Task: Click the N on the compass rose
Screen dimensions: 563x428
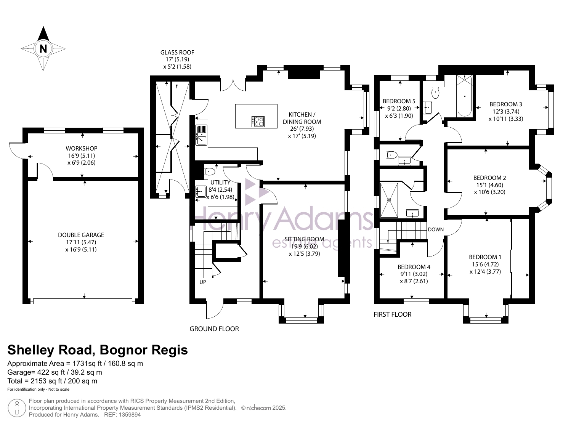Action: [x=43, y=48]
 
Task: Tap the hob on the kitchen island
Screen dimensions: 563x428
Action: [x=258, y=122]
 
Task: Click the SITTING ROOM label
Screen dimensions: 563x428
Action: [x=305, y=239]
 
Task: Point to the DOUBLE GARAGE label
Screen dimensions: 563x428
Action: [x=81, y=235]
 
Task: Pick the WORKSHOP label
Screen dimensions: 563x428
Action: [x=82, y=148]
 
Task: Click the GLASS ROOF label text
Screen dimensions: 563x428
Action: [x=177, y=52]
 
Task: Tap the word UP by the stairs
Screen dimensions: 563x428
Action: [x=203, y=282]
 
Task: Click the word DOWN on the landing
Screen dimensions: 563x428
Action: [x=436, y=229]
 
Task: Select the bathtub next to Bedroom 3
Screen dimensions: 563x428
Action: [x=464, y=96]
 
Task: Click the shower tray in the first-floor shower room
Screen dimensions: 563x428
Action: [x=389, y=200]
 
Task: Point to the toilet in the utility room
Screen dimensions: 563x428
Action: [x=210, y=171]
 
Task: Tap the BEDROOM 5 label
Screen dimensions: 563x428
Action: [x=399, y=101]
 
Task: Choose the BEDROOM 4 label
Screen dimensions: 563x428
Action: [x=414, y=267]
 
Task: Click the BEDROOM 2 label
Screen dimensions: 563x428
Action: [x=489, y=178]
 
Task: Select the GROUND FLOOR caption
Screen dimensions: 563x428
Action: [x=214, y=329]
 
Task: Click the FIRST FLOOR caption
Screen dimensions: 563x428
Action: [x=393, y=314]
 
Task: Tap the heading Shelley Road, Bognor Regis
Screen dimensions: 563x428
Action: [x=98, y=350]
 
